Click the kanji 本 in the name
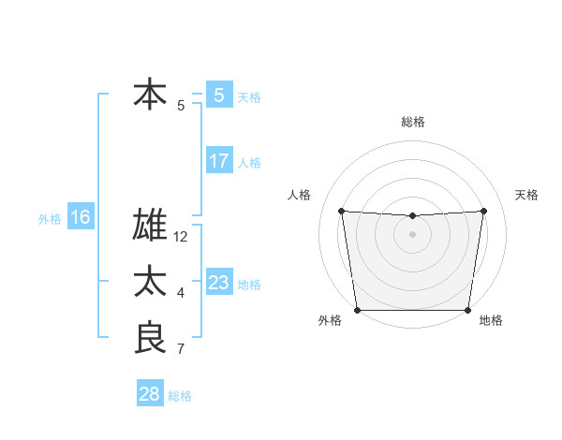click(x=150, y=95)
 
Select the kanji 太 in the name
click(x=150, y=282)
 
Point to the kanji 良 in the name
click(x=150, y=338)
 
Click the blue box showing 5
click(x=218, y=95)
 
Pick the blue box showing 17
click(x=218, y=161)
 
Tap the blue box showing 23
click(x=218, y=283)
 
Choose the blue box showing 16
click(x=80, y=218)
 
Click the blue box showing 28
click(x=150, y=394)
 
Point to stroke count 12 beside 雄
click(x=181, y=237)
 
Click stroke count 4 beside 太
click(x=181, y=293)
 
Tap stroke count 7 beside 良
click(x=181, y=349)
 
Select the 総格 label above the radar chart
click(x=412, y=122)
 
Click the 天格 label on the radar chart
click(x=526, y=195)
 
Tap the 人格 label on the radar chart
click(x=298, y=195)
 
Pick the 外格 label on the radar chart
click(x=330, y=321)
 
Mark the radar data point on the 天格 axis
click(x=483, y=210)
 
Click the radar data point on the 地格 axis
click(x=467, y=310)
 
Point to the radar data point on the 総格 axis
click(x=412, y=216)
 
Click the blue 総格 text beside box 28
click(x=180, y=396)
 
